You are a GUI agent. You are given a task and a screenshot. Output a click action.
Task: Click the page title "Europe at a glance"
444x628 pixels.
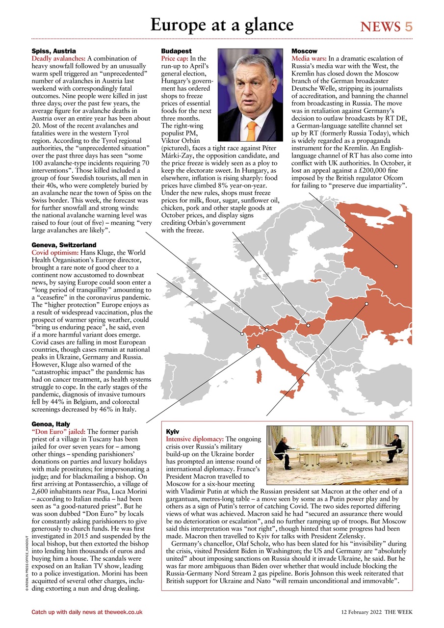point(222,25)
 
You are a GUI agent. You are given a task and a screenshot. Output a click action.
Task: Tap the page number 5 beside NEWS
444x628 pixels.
point(408,26)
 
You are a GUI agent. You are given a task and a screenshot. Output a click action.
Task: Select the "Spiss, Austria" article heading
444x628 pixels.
point(53,51)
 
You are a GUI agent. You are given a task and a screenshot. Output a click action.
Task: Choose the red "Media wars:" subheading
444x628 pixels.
point(309,58)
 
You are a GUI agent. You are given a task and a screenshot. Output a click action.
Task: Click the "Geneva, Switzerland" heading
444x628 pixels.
point(64,245)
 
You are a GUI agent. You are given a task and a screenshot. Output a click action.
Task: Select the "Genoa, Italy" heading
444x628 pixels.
point(51,424)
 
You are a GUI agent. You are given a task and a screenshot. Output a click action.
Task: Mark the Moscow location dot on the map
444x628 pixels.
point(396,266)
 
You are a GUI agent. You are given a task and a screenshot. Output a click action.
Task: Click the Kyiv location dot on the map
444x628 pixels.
point(366,304)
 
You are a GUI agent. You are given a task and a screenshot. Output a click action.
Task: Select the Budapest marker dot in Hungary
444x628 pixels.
point(308,325)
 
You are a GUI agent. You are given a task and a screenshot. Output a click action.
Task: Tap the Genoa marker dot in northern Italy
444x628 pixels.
point(258,346)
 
